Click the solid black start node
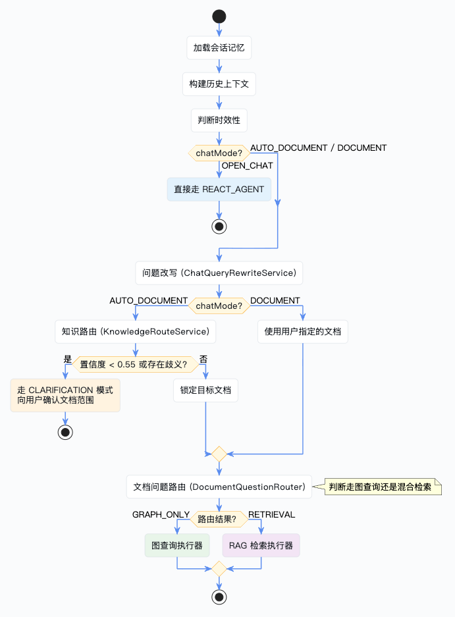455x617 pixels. (x=219, y=16)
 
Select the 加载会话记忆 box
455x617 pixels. (x=219, y=48)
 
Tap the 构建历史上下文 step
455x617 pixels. (x=219, y=84)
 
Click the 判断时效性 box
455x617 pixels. (x=219, y=121)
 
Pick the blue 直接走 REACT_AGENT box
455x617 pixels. (x=219, y=189)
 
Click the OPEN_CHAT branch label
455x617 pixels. (x=247, y=166)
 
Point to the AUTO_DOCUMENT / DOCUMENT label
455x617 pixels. (x=319, y=148)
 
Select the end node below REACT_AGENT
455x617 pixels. (x=219, y=227)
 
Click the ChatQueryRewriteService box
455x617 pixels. (x=219, y=273)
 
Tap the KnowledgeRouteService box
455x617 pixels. (x=136, y=332)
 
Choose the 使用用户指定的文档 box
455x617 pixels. (x=303, y=332)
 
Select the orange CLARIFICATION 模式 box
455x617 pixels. (x=65, y=396)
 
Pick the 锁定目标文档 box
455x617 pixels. (x=205, y=390)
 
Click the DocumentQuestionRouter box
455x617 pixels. (x=219, y=487)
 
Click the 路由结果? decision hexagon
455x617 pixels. (x=219, y=520)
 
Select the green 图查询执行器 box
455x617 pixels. (x=177, y=545)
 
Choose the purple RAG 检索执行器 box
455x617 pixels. (x=261, y=545)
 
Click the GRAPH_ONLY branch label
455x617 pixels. (x=161, y=515)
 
